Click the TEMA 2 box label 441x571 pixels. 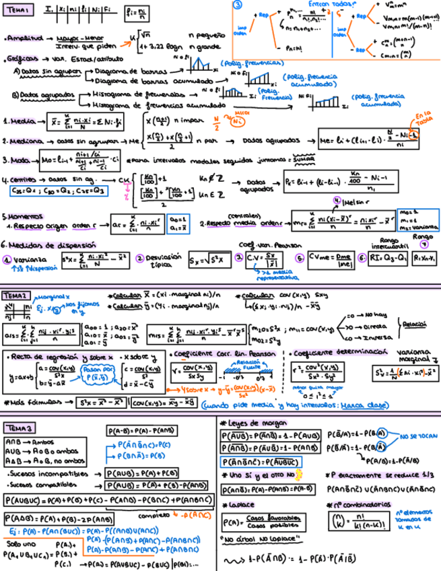coord(17,296)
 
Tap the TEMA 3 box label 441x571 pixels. coord(20,428)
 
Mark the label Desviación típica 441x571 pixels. coord(162,261)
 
